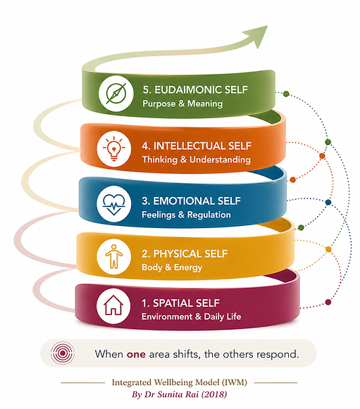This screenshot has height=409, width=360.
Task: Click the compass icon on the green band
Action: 116,93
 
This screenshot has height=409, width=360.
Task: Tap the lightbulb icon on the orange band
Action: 113,149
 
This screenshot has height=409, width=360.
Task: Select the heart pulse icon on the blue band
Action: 113,204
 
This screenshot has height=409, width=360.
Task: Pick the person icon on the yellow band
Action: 113,256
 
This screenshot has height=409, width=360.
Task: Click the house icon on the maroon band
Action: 113,305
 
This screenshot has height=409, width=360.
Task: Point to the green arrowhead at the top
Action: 256,36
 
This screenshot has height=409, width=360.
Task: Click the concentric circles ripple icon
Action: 63,353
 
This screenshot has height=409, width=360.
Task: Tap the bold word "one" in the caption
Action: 136,354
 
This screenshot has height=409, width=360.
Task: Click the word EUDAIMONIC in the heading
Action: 184,89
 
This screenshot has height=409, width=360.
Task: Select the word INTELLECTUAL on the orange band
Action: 190,146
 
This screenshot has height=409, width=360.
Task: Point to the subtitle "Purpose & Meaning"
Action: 182,103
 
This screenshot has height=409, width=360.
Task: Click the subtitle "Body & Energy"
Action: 172,268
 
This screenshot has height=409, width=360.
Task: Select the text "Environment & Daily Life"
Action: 192,316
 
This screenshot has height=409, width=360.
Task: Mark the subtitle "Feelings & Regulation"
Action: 186,215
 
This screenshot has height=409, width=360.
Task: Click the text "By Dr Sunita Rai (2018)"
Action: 180,394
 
